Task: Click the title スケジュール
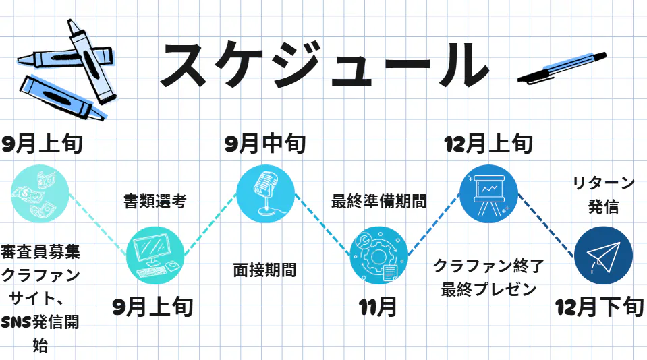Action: [324, 65]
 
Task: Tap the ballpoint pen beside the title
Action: [561, 67]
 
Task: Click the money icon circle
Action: [40, 192]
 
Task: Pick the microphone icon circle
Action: [266, 193]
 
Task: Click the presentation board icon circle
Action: [488, 193]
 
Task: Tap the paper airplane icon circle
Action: [603, 255]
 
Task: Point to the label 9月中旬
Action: [265, 144]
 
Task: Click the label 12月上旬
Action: [488, 144]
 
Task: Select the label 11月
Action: [378, 307]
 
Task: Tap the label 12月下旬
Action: [599, 307]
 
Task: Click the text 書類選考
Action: [154, 201]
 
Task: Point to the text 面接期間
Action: [265, 270]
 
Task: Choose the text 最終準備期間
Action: [378, 201]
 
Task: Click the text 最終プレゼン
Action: [488, 290]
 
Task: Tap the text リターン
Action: [603, 183]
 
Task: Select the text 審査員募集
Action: [40, 252]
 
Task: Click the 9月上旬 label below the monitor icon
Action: [153, 307]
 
